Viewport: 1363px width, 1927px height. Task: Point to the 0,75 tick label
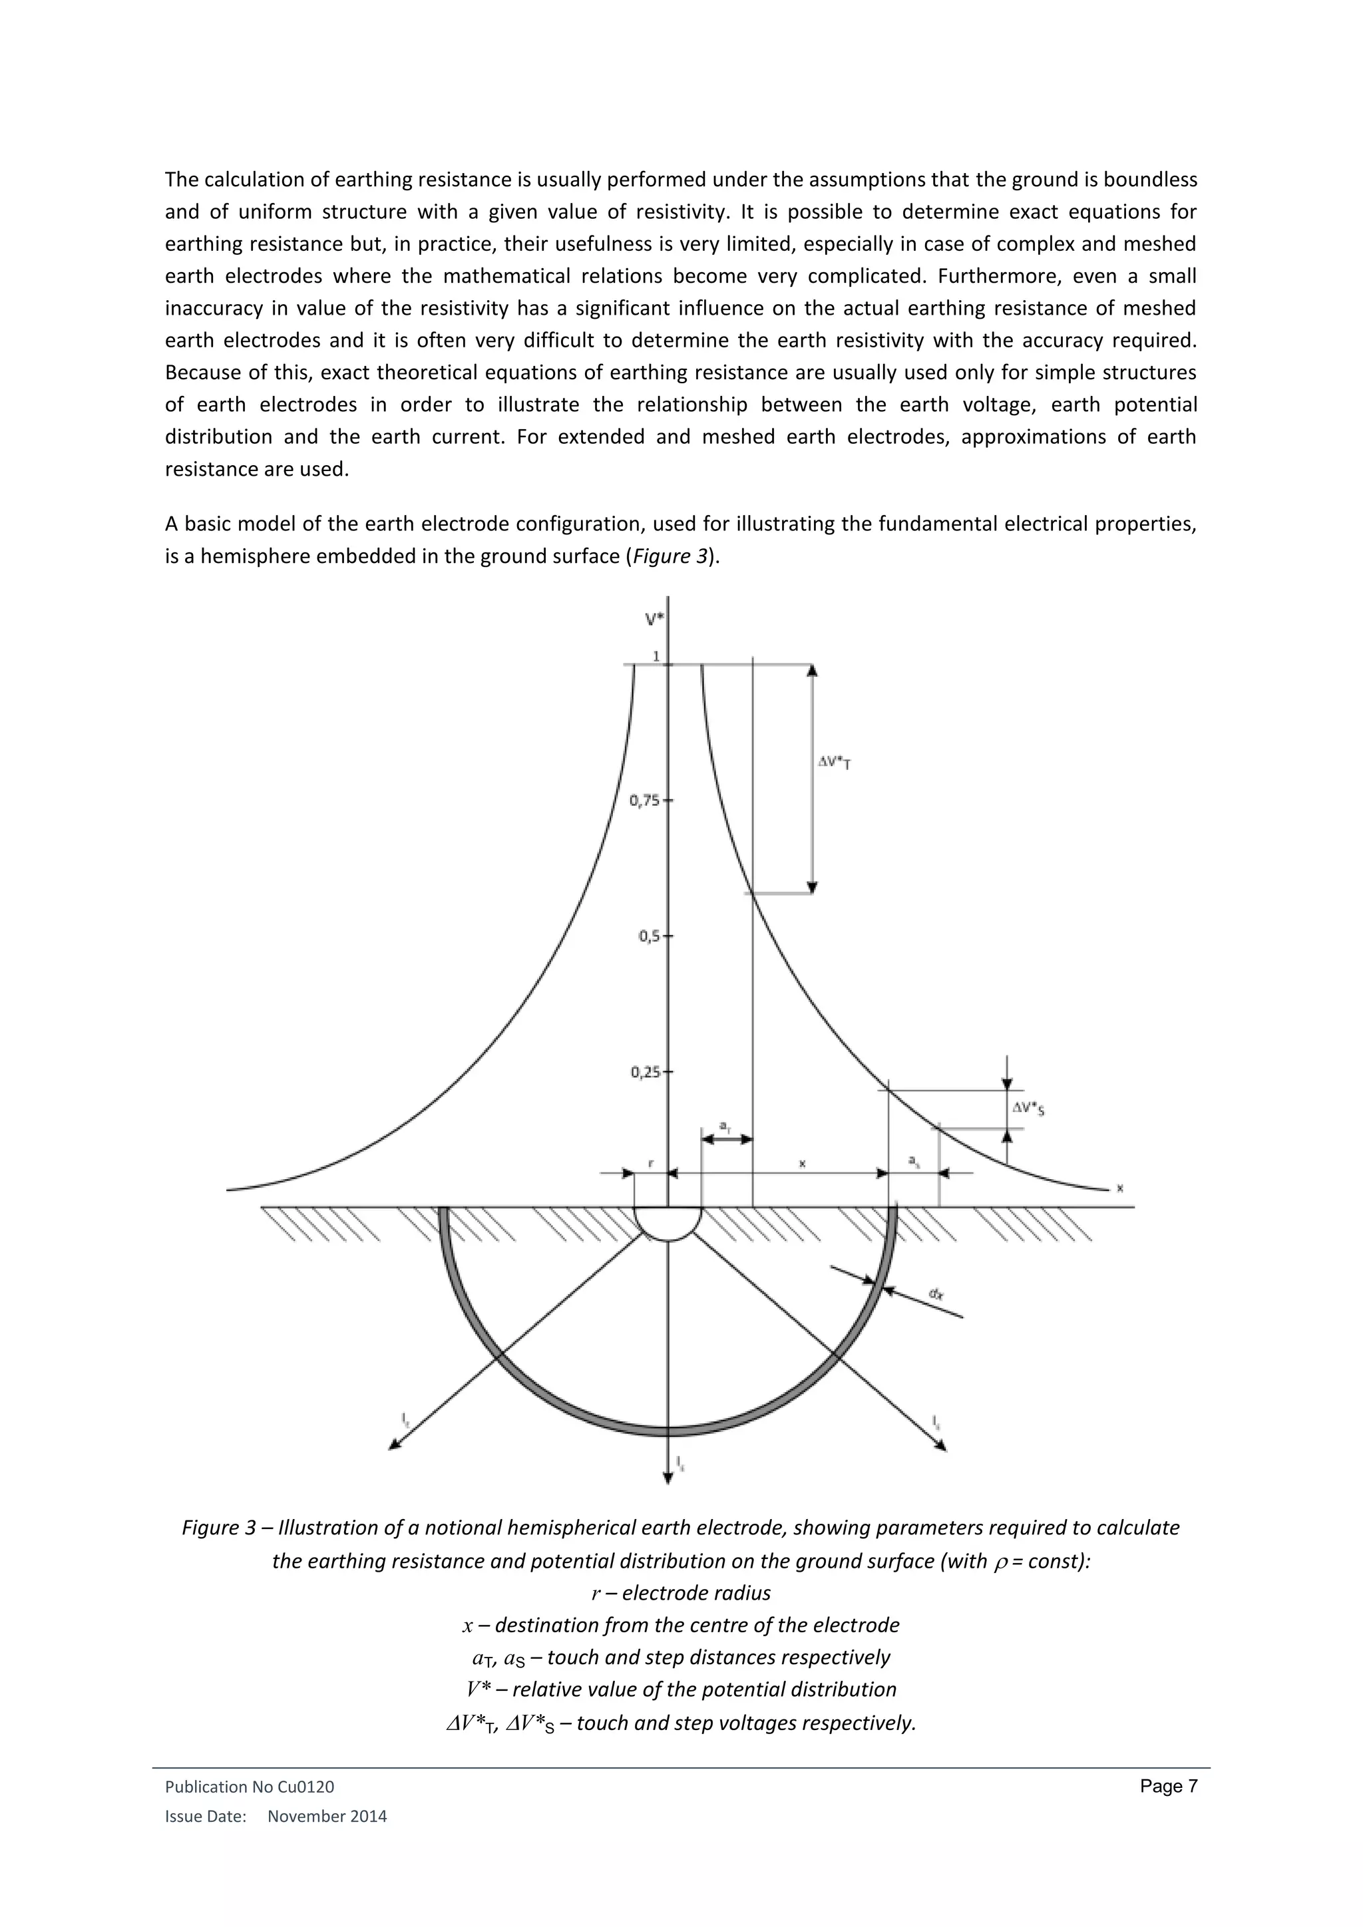(646, 800)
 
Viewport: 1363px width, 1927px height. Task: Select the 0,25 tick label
(646, 1072)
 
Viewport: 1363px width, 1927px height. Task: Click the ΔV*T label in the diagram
(835, 763)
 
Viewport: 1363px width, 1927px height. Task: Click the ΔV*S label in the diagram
(1028, 1109)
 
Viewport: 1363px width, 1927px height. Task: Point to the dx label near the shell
(936, 1295)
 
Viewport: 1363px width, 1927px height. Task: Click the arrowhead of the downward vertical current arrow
(668, 1477)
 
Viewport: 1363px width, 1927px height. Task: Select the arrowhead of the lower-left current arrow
(393, 1445)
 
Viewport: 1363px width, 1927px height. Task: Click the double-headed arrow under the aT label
(727, 1139)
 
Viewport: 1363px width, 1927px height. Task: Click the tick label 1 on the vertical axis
(656, 655)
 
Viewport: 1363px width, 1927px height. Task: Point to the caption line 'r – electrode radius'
(681, 1593)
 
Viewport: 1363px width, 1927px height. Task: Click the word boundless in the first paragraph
(1150, 180)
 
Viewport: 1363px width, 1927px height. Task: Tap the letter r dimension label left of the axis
(650, 1164)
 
